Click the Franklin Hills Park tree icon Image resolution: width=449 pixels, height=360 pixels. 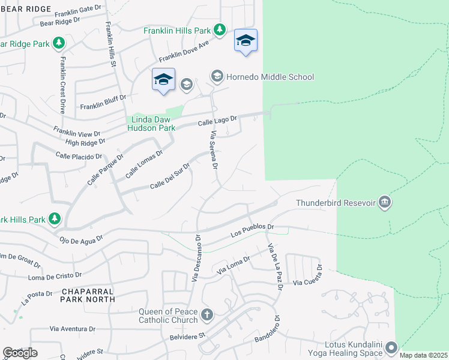220,29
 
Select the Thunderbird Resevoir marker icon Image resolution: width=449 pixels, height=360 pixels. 385,202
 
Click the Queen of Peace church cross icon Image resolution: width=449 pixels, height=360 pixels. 206,314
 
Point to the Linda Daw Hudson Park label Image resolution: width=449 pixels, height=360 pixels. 152,124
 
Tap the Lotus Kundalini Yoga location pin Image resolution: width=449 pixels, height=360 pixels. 391,348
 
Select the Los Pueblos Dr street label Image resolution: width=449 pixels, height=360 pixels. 253,232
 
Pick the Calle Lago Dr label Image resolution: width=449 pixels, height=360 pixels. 218,121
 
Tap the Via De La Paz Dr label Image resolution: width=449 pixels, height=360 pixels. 276,267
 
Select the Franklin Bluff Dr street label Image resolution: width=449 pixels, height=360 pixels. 103,102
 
